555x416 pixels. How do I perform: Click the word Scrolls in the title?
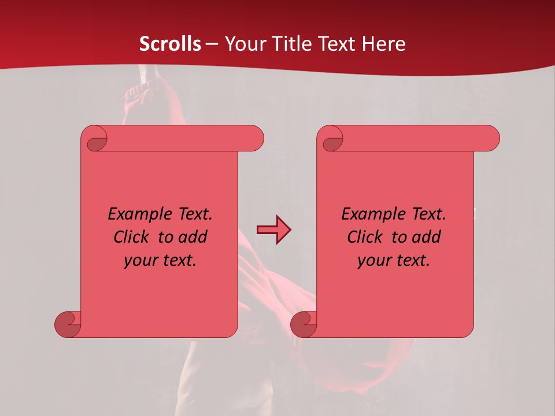(170, 44)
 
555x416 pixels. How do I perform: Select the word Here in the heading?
(384, 44)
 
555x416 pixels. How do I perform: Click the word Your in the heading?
(243, 44)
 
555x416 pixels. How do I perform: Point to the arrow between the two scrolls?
(273, 229)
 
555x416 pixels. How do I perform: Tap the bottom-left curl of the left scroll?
(68, 324)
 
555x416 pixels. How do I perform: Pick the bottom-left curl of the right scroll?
(304, 324)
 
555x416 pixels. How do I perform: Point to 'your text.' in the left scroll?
(160, 260)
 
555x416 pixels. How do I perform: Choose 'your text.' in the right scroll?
(393, 260)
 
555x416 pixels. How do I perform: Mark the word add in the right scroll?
(428, 237)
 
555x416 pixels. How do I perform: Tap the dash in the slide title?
(212, 44)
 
